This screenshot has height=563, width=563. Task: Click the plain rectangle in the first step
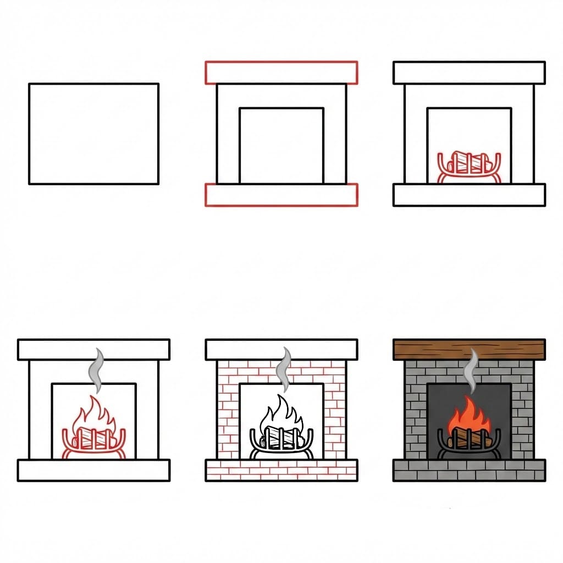93,134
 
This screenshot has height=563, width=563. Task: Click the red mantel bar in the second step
281,73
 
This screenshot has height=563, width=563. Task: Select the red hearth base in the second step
281,195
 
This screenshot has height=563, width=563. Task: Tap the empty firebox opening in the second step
281,145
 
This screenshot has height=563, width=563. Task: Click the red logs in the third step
469,163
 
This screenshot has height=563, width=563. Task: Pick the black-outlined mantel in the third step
469,73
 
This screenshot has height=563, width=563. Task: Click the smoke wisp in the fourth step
98,369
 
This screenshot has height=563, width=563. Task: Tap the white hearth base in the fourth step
93,470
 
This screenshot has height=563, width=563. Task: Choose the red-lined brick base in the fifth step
281,470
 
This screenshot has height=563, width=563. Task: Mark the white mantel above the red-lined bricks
281,349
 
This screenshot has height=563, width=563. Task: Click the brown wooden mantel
469,349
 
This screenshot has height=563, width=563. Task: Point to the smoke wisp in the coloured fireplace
471,369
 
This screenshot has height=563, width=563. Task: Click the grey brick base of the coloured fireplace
469,470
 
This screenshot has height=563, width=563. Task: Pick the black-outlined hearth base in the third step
469,195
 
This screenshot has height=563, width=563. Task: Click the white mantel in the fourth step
93,349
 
